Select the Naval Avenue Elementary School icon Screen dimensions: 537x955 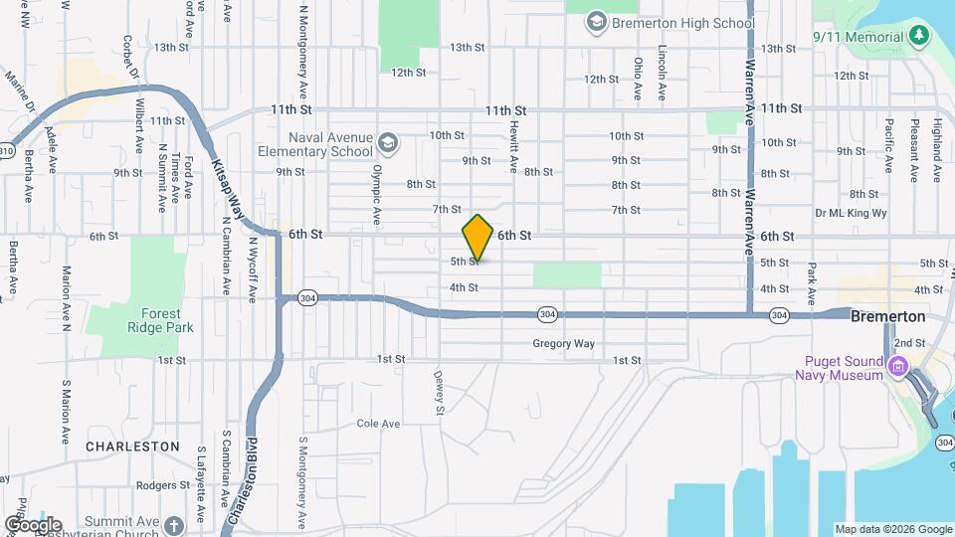pos(388,146)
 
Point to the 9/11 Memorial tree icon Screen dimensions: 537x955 pos(921,36)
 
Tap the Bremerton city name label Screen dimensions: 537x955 pos(888,316)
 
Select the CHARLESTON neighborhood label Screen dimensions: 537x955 pos(132,447)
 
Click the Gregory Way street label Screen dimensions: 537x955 pos(563,344)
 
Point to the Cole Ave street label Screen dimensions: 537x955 pos(378,424)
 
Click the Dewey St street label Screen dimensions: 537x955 pos(437,393)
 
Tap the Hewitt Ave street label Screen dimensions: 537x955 pos(514,149)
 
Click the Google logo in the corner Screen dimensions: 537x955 pos(33,524)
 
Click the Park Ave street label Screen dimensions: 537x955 pos(812,283)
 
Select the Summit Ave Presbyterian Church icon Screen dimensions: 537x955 pos(175,525)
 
